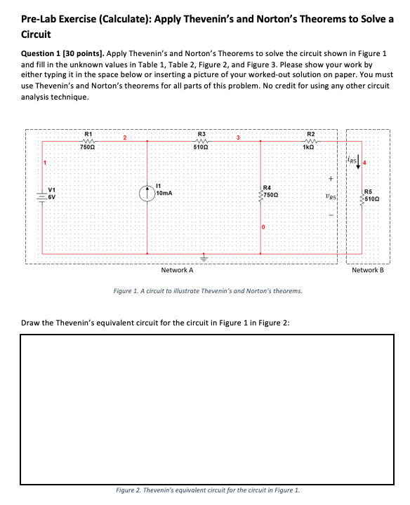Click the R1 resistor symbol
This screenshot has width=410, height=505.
point(87,140)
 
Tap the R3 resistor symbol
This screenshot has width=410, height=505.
point(201,140)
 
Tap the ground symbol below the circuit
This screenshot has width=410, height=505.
point(204,257)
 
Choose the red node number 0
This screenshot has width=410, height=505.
point(264,227)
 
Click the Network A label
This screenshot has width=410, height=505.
point(177,270)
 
